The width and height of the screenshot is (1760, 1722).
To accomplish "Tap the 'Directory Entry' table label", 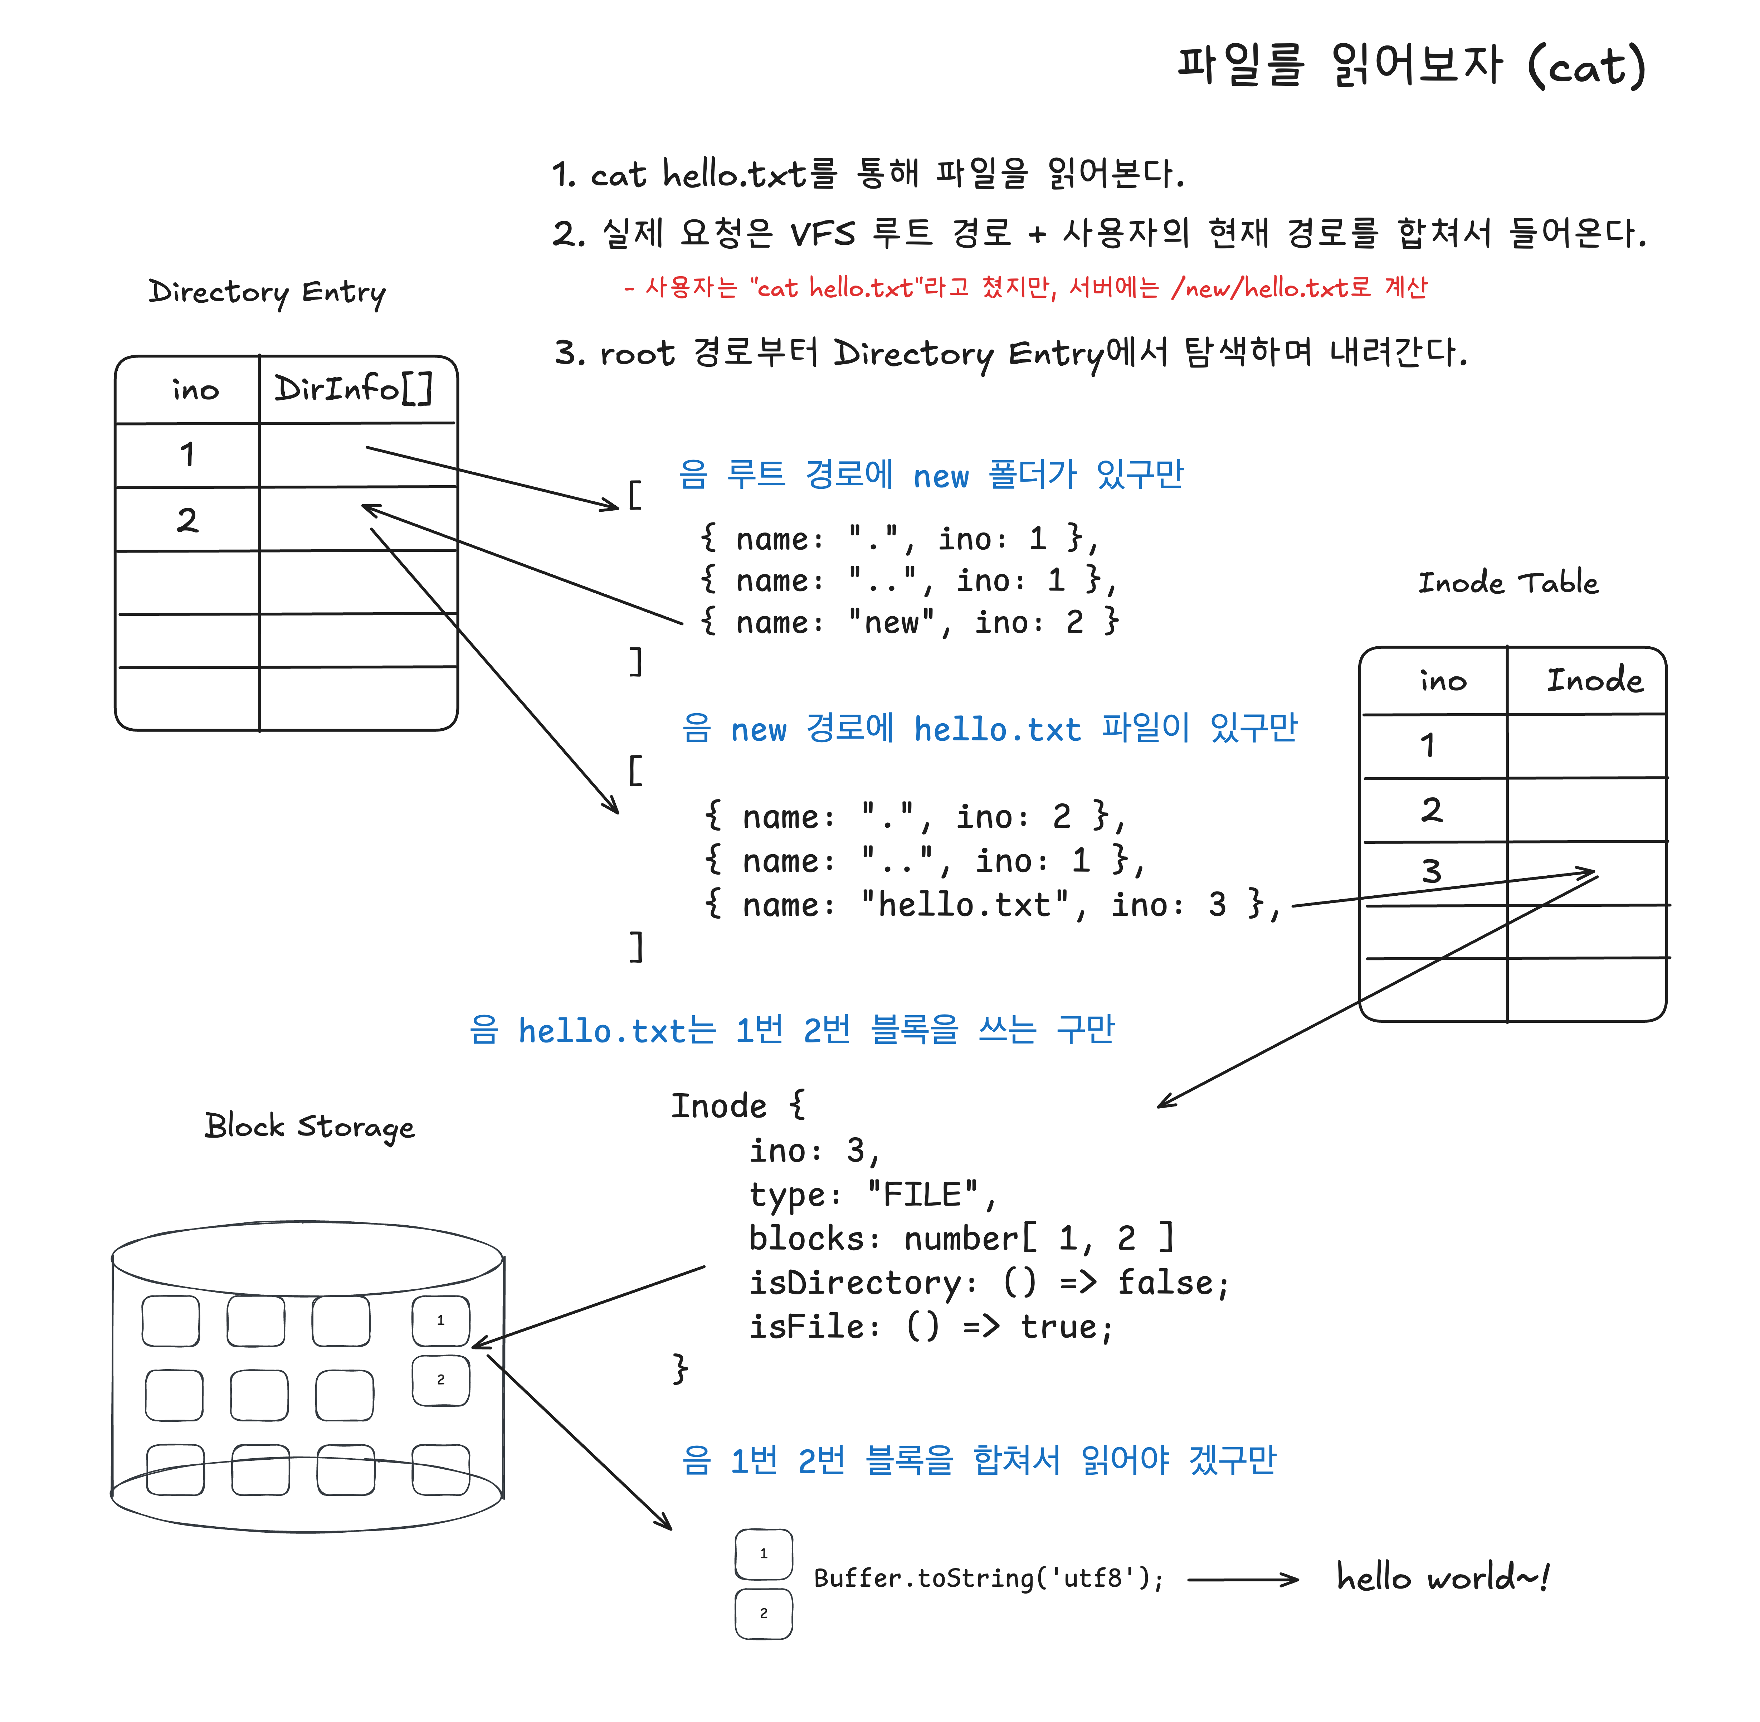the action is (267, 292).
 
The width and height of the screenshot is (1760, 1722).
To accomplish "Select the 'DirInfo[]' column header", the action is (354, 389).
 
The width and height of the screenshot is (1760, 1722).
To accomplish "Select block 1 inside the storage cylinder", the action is (440, 1320).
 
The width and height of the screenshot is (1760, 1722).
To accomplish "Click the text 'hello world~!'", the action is (1443, 1578).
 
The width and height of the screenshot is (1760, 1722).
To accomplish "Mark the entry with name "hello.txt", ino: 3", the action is (992, 904).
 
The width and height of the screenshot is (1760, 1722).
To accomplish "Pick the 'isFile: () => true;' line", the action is (931, 1327).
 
